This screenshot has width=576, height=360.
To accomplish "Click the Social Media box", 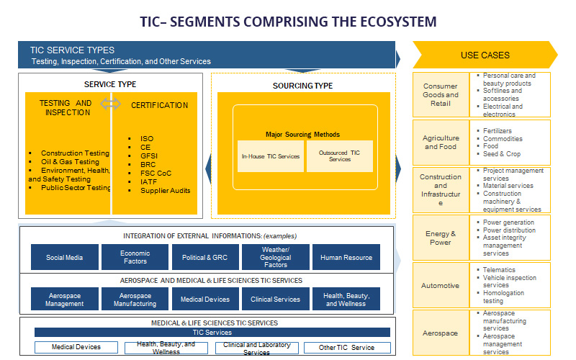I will pyautogui.click(x=65, y=257).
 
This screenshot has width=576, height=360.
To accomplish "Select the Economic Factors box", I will pyautogui.click(x=135, y=257).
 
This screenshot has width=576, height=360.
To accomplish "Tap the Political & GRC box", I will pyautogui.click(x=205, y=257).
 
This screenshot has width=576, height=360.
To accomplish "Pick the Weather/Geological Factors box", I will pyautogui.click(x=276, y=257).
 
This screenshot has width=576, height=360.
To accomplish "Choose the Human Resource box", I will pyautogui.click(x=346, y=257).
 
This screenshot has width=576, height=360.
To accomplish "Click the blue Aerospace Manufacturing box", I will pyautogui.click(x=135, y=300).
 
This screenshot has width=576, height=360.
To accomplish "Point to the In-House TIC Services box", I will pyautogui.click(x=270, y=156).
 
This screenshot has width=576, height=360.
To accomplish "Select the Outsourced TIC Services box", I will pyautogui.click(x=339, y=156).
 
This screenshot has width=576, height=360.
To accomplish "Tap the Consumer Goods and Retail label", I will pyautogui.click(x=441, y=95).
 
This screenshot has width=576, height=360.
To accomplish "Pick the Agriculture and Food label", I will pyautogui.click(x=441, y=142).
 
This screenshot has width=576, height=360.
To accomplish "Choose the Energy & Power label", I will pyautogui.click(x=441, y=238).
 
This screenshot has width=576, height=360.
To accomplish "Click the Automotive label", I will pyautogui.click(x=441, y=286).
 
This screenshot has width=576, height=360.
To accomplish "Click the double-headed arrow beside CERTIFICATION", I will pyautogui.click(x=110, y=104).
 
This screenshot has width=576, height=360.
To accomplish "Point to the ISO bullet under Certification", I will pyautogui.click(x=147, y=139).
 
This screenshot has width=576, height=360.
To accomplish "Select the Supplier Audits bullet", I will pyautogui.click(x=166, y=190).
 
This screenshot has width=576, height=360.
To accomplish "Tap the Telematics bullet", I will pyautogui.click(x=499, y=270).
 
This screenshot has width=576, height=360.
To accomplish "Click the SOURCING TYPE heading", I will pyautogui.click(x=302, y=86).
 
